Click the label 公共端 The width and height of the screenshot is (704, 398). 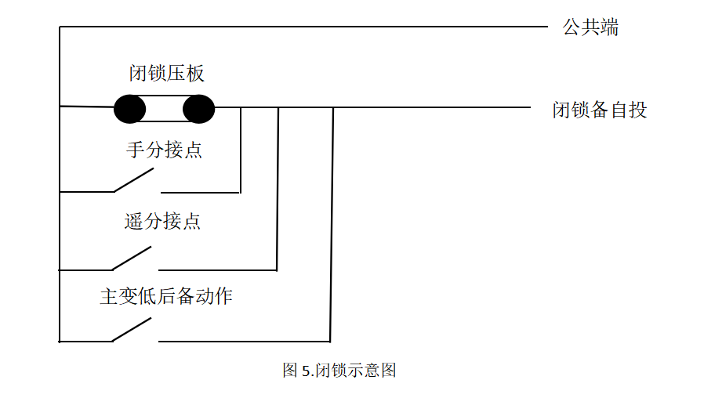590,27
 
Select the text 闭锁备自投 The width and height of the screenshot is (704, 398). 600,109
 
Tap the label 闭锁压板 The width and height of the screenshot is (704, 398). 166,74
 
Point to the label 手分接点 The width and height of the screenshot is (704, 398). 165,149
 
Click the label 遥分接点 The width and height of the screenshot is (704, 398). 163,221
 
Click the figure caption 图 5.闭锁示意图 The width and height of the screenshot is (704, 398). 339,370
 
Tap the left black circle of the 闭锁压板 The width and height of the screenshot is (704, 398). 129,109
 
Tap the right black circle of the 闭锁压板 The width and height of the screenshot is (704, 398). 199,109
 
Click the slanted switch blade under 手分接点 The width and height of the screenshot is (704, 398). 133,180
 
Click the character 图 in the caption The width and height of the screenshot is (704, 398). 290,370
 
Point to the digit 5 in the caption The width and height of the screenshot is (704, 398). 305,371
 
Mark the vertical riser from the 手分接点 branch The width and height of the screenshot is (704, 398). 241,149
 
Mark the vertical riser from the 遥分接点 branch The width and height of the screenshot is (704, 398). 278,188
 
